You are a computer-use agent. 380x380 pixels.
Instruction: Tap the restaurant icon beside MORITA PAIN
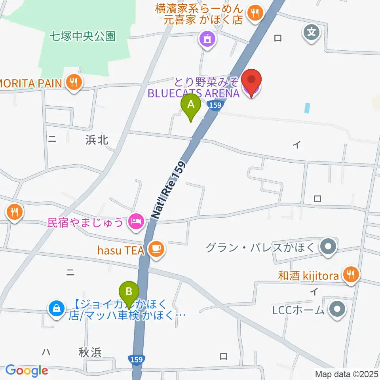tap(74, 83)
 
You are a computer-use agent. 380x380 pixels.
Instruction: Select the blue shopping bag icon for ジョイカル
tap(56, 308)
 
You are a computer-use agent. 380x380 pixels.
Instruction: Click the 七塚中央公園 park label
tap(83, 37)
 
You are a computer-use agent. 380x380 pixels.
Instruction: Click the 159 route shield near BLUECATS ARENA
tap(214, 105)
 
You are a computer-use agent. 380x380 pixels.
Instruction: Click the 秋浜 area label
tap(90, 353)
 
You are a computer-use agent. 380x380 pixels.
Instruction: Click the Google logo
tap(27, 371)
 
